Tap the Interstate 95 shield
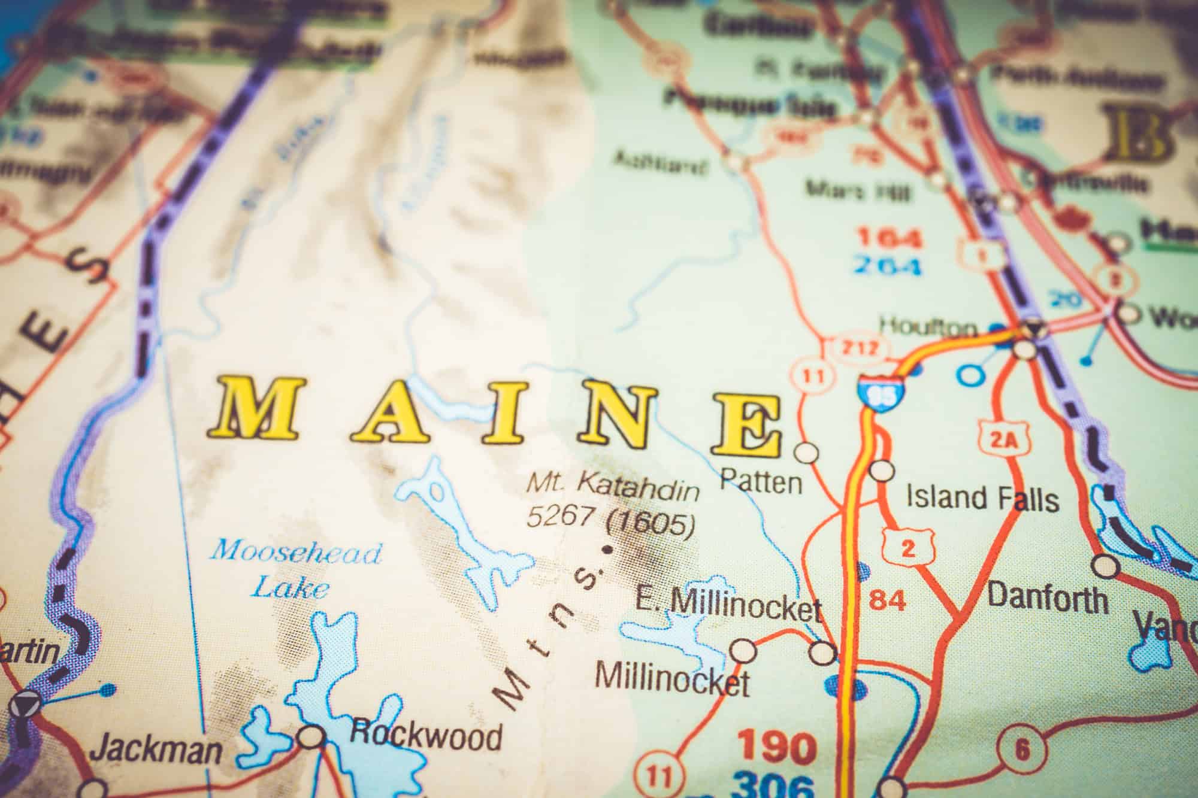click(880, 392)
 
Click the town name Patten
click(761, 481)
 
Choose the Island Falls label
click(982, 498)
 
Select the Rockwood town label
click(425, 735)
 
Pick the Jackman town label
click(159, 749)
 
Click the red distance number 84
click(887, 599)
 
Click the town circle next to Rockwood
click(311, 736)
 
